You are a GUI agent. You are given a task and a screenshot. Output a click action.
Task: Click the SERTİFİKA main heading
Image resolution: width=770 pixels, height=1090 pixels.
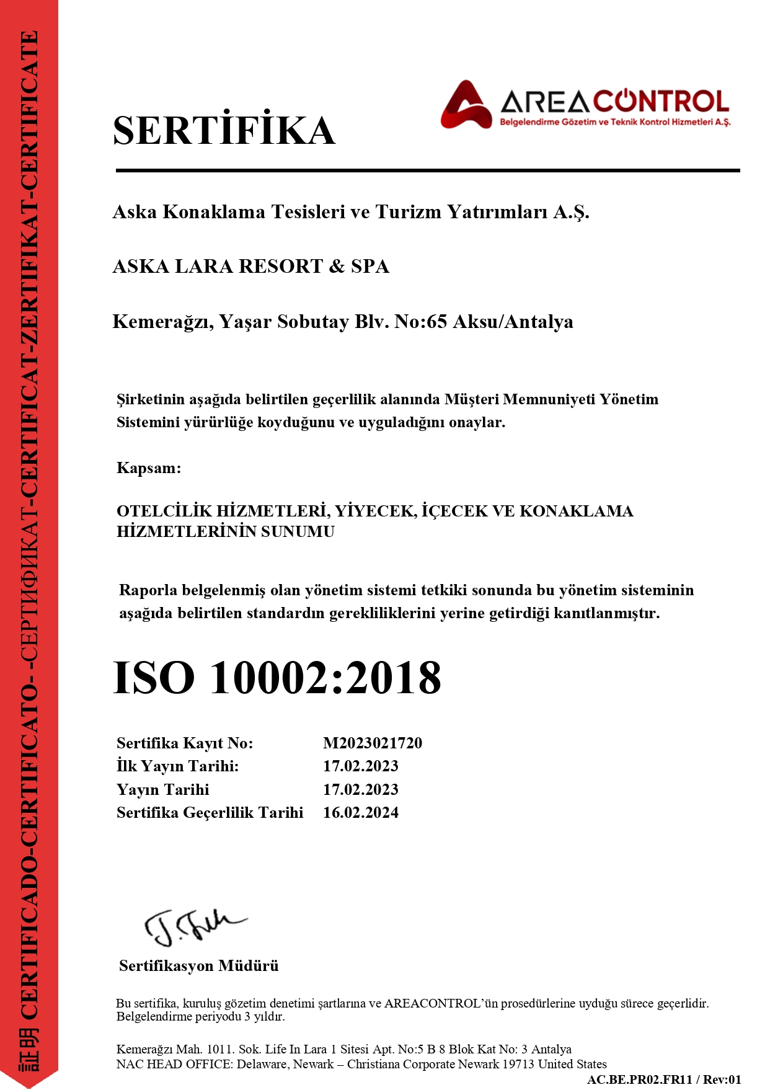(224, 131)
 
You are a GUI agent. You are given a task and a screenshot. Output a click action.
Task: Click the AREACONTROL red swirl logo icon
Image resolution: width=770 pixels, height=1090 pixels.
(466, 105)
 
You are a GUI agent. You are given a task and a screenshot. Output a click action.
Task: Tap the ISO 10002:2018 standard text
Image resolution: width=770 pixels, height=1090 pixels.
(277, 678)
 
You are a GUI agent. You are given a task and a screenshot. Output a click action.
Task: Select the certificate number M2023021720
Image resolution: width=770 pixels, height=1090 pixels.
(372, 743)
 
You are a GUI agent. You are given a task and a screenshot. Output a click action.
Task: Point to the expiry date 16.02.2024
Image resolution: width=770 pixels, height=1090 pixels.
(360, 812)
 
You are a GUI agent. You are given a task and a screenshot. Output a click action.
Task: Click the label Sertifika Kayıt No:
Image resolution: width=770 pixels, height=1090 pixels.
(185, 743)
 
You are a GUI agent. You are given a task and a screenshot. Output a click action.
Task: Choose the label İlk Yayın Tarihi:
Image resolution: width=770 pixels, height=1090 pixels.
(177, 766)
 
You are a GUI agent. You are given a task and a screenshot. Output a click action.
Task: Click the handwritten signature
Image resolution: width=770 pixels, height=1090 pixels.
(193, 927)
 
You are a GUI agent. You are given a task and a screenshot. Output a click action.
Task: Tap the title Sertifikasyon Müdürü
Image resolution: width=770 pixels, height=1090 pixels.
(198, 965)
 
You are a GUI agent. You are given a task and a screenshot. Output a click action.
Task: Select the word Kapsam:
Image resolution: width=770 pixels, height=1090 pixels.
(149, 468)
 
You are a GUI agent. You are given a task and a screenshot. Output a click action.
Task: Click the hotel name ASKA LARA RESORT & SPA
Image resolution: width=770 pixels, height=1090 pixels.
(250, 267)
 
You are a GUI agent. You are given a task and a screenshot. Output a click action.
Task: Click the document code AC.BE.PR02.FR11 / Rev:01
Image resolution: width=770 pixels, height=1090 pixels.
(664, 1079)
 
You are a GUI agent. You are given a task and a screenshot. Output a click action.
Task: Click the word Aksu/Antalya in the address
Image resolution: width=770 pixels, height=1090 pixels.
(513, 322)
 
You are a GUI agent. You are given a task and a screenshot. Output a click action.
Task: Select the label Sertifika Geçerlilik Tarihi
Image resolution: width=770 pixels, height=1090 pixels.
(210, 812)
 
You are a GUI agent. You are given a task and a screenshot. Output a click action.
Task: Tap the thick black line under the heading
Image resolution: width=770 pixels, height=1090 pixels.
(428, 170)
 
